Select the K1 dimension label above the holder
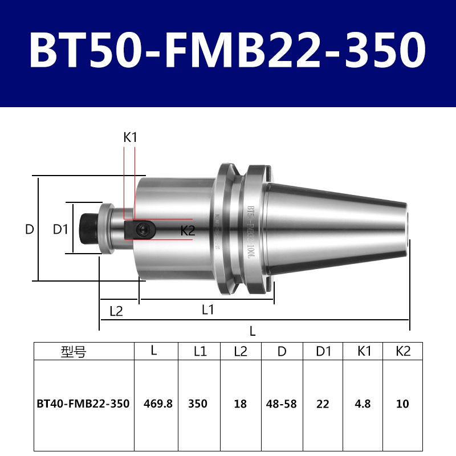click(131, 137)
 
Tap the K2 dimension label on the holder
click(188, 231)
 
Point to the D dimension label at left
click(30, 230)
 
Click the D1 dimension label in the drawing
click(60, 230)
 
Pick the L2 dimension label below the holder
click(116, 311)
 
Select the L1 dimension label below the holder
click(207, 310)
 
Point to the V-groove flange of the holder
click(240, 229)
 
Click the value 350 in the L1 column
click(198, 404)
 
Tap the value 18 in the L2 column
click(240, 404)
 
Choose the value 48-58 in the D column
click(282, 404)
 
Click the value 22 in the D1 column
click(323, 404)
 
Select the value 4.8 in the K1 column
click(363, 404)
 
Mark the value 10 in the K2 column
click(403, 404)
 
